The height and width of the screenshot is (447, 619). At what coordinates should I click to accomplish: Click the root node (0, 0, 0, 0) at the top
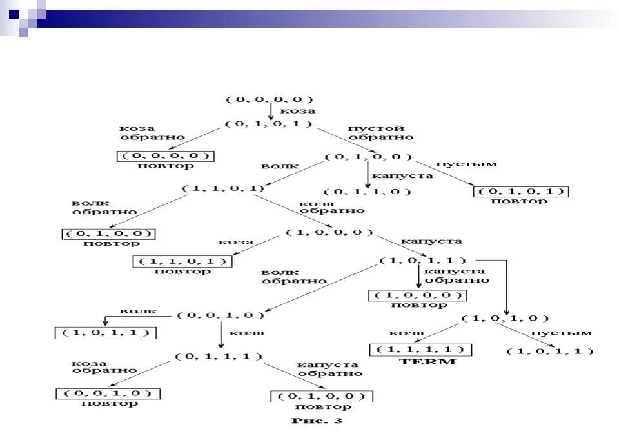coord(270,99)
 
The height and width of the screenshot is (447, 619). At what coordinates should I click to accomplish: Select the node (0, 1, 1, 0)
coord(368,192)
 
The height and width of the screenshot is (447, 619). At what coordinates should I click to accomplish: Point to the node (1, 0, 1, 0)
coord(506,318)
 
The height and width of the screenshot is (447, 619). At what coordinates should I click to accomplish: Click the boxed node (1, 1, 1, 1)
coord(420,350)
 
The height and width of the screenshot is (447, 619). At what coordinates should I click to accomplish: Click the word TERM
coord(428,362)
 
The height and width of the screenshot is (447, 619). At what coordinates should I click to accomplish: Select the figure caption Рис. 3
coord(317,422)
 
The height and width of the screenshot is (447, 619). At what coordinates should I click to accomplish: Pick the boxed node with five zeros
coord(165,155)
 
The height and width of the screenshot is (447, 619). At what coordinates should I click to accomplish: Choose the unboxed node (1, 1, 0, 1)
coord(223,188)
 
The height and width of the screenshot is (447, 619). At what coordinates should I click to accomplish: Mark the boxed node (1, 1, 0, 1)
coord(182,261)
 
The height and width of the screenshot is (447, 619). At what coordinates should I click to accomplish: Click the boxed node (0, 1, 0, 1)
coord(521,191)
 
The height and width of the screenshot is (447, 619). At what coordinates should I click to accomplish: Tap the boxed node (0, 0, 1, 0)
coord(108,393)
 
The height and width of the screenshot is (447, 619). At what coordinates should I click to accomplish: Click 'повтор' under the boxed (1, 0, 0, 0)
coord(418,305)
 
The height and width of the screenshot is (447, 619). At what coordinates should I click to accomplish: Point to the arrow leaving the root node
coord(270,112)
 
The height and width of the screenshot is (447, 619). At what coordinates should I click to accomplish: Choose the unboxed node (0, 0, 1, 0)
coord(221,315)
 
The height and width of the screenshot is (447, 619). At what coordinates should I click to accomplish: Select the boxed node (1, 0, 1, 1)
coord(105,333)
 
